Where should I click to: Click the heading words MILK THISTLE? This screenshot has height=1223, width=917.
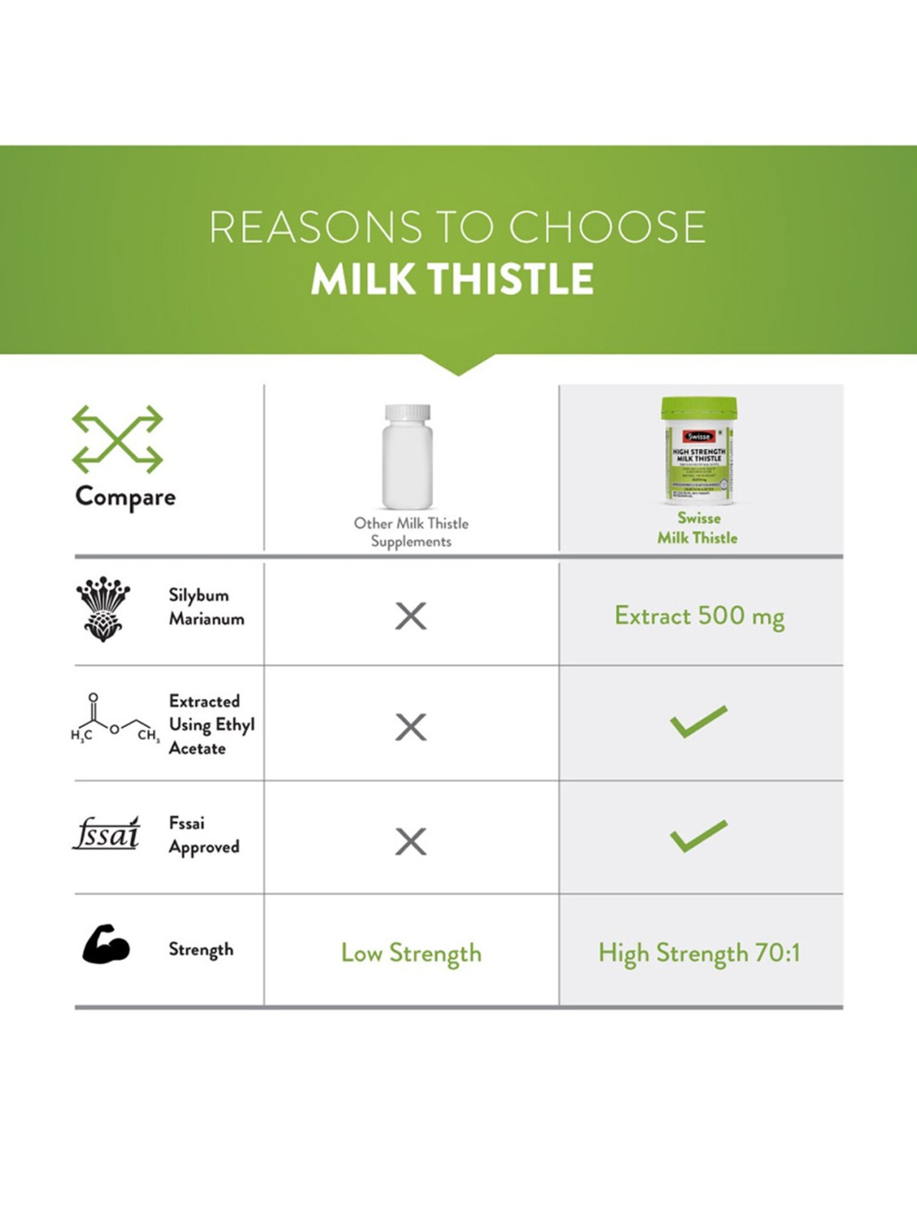point(452,279)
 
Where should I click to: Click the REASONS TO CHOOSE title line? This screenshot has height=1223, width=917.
point(457,226)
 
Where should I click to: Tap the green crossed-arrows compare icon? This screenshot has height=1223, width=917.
point(117,439)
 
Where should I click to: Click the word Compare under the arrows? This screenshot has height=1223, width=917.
point(125,497)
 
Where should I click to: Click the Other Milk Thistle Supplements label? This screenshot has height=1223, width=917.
point(411,532)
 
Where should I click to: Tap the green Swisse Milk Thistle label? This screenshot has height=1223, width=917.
point(698,528)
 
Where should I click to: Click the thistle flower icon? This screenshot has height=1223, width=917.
point(103,608)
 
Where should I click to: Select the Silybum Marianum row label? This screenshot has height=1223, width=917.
point(206,607)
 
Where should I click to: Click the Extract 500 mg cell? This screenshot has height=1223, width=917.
point(699,616)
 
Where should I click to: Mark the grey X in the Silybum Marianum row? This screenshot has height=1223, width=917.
point(411,616)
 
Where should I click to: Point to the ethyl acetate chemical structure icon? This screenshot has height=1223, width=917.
point(114,719)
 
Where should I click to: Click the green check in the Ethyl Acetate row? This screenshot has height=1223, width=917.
point(699,722)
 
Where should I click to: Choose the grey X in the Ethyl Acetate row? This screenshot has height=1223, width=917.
point(411,727)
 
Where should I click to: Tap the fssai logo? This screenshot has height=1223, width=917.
point(106,833)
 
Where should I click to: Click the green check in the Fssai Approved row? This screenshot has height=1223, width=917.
point(699,835)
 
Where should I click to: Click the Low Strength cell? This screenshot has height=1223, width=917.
point(411,953)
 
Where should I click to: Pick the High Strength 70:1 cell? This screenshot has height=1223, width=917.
point(699,953)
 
